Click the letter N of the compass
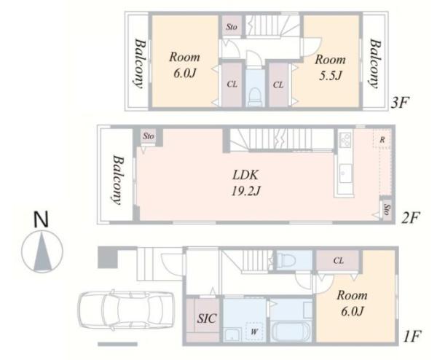click(x=41, y=219)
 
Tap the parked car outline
click(x=126, y=310)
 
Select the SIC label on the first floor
click(x=207, y=318)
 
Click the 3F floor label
click(x=400, y=103)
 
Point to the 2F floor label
click(x=411, y=218)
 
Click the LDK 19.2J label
click(x=246, y=183)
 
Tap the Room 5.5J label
click(x=330, y=68)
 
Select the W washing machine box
click(x=254, y=332)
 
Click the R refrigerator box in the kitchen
click(x=382, y=139)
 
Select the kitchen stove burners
click(x=345, y=140)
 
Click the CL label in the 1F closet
click(x=339, y=260)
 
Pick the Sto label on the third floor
click(x=232, y=27)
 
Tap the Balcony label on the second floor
click(x=117, y=180)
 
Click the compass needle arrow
click(x=42, y=251)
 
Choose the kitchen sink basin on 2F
click(x=345, y=173)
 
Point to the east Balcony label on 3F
click(x=375, y=64)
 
